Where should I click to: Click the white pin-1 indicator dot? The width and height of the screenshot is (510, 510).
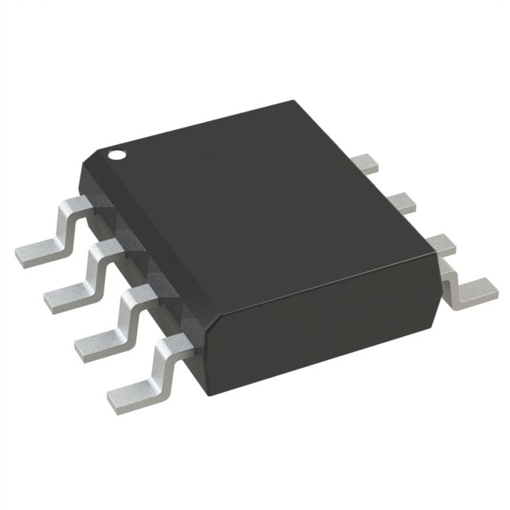coord(117,155)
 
